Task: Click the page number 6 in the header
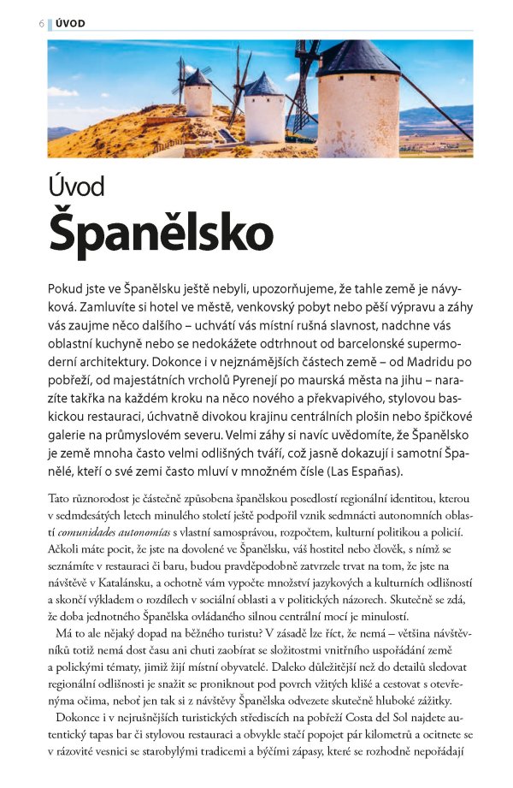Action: pos(40,23)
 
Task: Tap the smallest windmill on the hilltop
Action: pos(198,94)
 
